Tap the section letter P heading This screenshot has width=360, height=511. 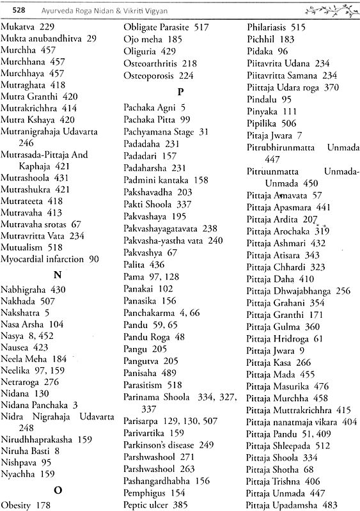click(180, 91)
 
